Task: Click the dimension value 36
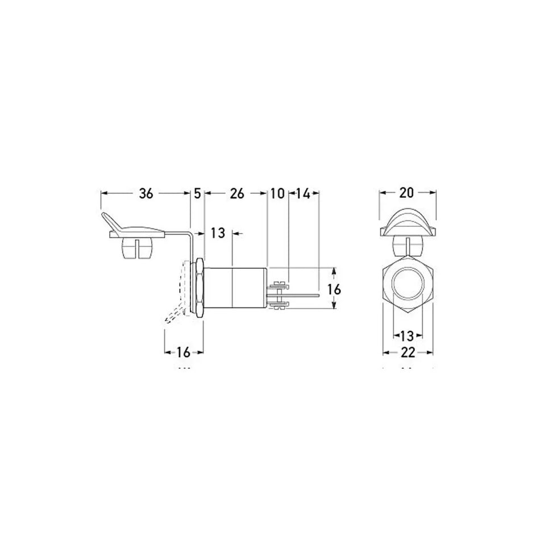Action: pos(146,194)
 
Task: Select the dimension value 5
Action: pos(197,194)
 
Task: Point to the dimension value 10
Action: pos(277,194)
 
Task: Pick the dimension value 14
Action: pos(303,194)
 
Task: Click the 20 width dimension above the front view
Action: pos(406,193)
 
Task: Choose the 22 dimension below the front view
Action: pos(407,353)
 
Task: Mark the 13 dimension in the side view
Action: pos(218,233)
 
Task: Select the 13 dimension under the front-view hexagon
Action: pos(407,334)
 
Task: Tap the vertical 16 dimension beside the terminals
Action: pos(335,289)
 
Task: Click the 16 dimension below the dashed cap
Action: pos(183,352)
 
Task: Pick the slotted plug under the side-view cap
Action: pos(138,248)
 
